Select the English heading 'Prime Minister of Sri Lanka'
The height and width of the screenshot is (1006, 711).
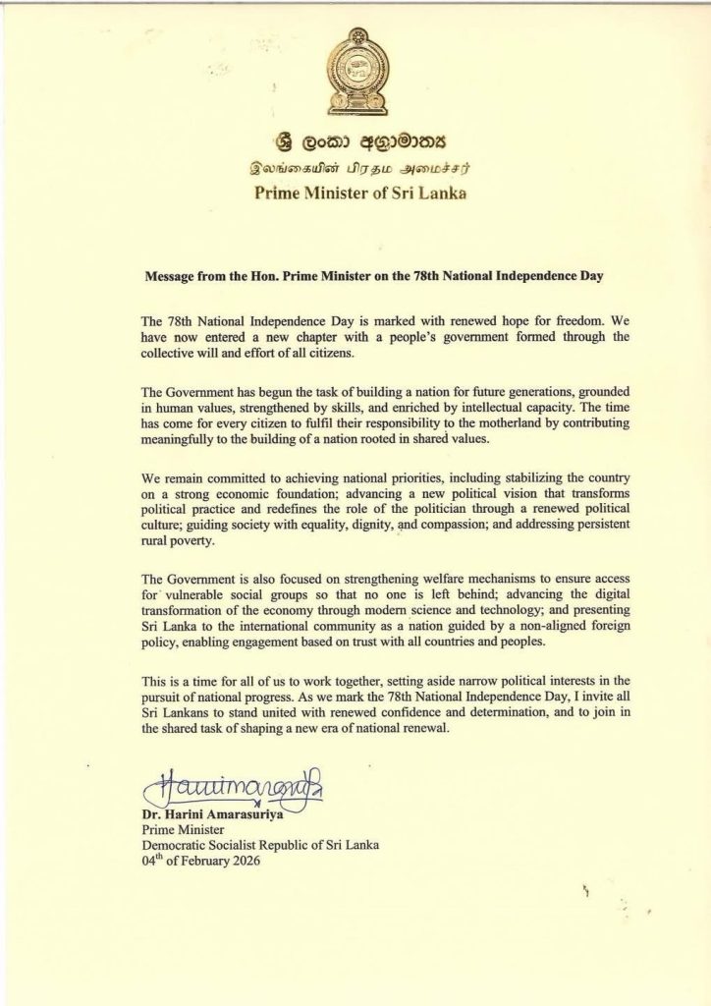click(x=355, y=194)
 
